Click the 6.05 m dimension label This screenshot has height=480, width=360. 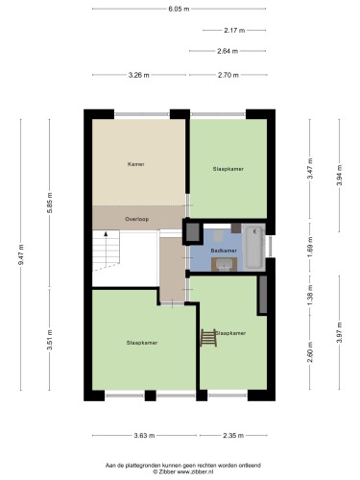pos(179,9)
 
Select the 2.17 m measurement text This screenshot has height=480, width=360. pos(234,31)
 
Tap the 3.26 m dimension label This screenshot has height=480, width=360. pos(138,75)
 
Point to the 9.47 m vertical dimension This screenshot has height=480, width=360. pos(21,254)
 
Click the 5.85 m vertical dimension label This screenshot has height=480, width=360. pos(50,204)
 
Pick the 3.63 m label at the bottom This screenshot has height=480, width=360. pos(144,435)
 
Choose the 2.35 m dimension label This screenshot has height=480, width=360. pos(233,435)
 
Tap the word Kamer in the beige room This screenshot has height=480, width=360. pos(136,164)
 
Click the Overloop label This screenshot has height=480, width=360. pos(137,219)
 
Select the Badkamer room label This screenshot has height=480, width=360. pos(224,251)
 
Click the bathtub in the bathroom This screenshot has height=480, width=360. pos(254,248)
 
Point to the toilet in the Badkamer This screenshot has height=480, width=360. pos(219,236)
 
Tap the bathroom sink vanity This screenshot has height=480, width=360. pos(224,264)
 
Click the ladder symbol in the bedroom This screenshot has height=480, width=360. pos(208,338)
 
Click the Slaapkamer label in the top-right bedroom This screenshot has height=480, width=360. pos(228,169)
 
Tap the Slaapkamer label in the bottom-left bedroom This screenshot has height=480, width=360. pos(142,343)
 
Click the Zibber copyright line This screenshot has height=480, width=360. pos(183,471)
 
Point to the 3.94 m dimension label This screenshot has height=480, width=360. pos(340,175)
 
